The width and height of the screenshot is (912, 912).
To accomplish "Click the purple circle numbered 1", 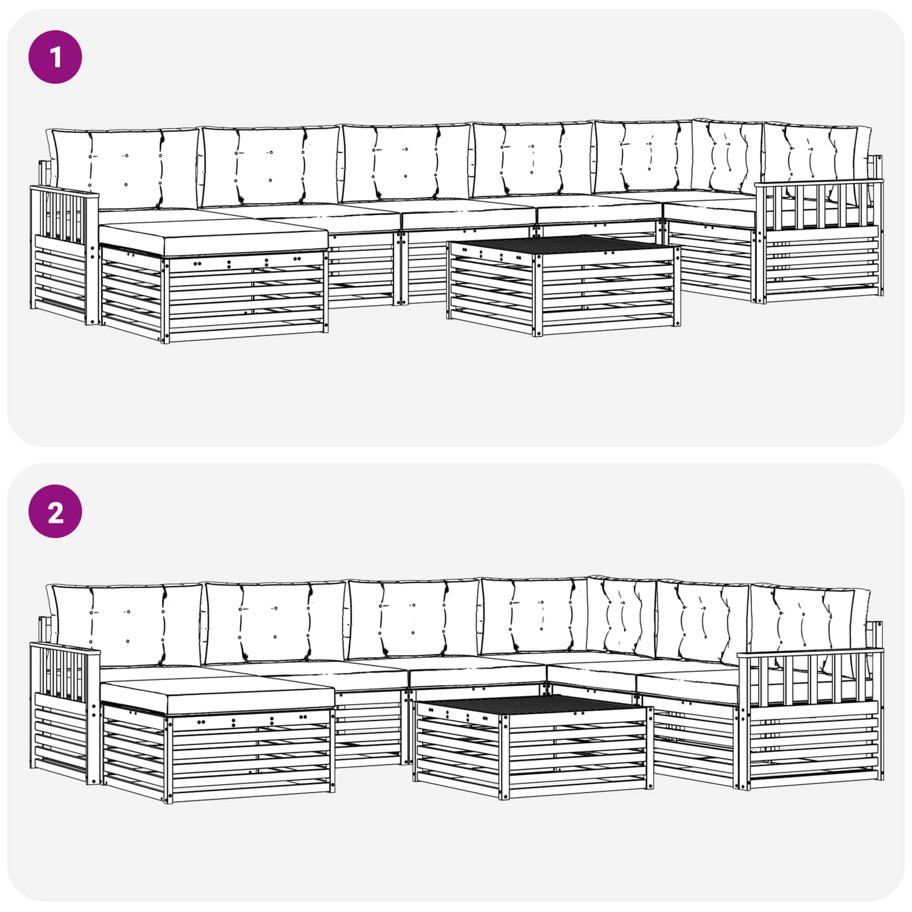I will coord(55,58).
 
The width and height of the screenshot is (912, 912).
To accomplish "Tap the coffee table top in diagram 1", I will coord(564,246).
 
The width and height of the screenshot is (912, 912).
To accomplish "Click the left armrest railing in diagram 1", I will coord(63,214).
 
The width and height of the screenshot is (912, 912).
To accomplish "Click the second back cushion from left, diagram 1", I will coord(271,165).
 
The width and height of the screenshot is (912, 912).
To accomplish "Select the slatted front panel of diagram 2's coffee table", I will coord(576,752).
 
